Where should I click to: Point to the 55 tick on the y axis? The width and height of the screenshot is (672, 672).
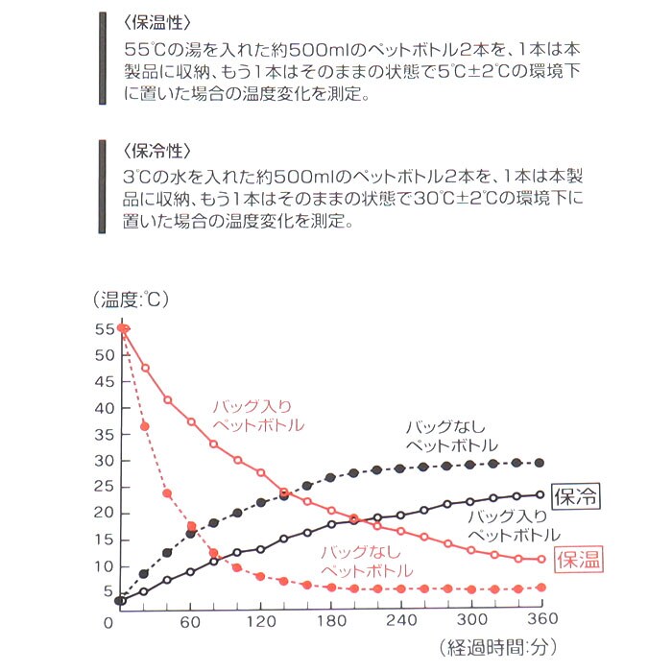105,328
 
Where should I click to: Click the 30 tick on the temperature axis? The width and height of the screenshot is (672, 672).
105,460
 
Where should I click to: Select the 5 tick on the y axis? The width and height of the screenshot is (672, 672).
108,592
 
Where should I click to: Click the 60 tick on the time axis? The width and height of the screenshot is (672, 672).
190,621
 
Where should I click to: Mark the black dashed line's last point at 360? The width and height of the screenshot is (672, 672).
539,463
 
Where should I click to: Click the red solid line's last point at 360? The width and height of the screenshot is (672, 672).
540,559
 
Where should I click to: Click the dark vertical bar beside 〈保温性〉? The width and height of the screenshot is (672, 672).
102,58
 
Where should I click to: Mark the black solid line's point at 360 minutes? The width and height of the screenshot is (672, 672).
540,495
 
